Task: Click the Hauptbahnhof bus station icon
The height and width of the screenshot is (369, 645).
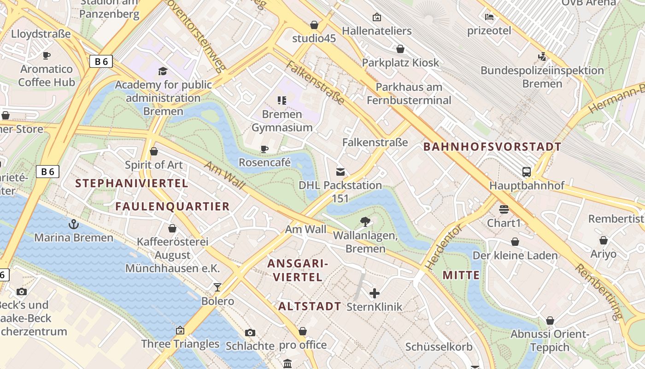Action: click(x=527, y=172)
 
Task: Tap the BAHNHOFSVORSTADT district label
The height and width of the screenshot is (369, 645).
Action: click(x=492, y=147)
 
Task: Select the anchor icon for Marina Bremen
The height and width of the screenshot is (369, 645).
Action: click(x=73, y=225)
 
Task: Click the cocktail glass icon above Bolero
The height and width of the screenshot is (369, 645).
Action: click(x=217, y=287)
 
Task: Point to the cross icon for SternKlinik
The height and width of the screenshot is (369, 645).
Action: click(x=375, y=293)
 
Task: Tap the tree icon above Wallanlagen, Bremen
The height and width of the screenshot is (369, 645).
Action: click(x=365, y=222)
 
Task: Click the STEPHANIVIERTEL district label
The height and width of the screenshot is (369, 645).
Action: click(x=131, y=183)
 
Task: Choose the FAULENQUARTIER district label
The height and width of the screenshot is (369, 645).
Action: click(x=172, y=206)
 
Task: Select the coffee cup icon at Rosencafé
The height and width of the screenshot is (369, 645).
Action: click(x=264, y=149)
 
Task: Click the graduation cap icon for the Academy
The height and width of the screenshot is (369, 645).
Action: click(x=163, y=71)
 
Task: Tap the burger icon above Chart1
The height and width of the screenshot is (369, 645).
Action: click(x=504, y=209)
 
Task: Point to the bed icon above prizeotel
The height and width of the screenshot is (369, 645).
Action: click(x=489, y=17)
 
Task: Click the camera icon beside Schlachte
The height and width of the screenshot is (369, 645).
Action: click(x=250, y=333)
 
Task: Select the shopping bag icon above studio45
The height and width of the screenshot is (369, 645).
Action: click(x=314, y=24)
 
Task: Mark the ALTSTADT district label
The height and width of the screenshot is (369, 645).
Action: click(x=310, y=306)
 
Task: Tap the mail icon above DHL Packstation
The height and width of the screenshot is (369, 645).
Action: click(x=340, y=172)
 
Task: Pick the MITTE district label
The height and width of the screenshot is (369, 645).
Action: click(x=461, y=275)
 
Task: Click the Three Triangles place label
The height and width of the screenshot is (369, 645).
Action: click(x=180, y=344)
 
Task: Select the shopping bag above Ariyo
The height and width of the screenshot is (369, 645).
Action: click(x=603, y=240)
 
